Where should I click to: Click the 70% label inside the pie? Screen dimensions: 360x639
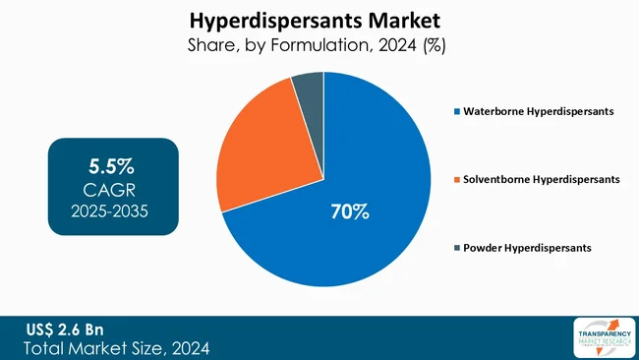(348, 210)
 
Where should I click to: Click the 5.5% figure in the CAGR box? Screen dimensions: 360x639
(113, 162)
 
